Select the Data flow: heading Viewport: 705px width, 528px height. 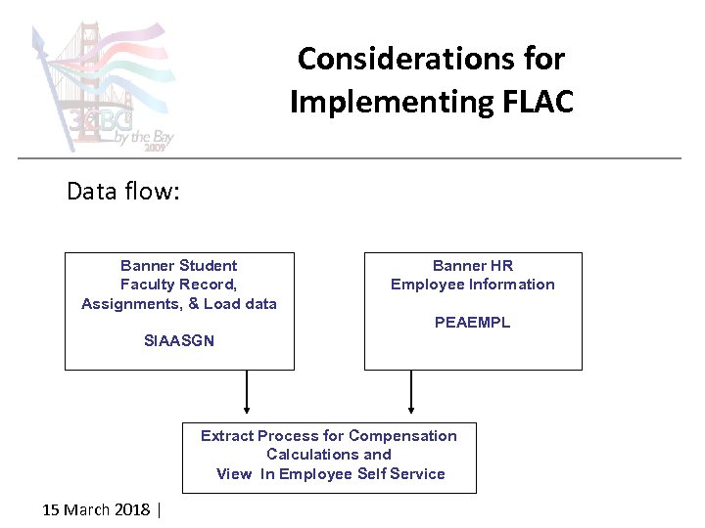click(123, 191)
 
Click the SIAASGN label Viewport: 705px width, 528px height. click(179, 341)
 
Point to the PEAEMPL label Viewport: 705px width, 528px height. click(473, 322)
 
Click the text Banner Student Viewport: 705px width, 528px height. click(179, 266)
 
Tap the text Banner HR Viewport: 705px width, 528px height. click(473, 266)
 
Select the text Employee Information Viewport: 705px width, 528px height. click(473, 285)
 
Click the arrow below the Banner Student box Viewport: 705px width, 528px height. click(246, 391)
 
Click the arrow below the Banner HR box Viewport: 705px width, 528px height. click(411, 391)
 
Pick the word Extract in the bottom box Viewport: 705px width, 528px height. click(227, 436)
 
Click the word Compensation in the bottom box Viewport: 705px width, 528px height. click(402, 436)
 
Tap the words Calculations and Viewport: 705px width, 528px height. click(329, 455)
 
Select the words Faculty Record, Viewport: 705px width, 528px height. click(179, 285)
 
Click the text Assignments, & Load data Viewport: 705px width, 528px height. click(179, 304)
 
